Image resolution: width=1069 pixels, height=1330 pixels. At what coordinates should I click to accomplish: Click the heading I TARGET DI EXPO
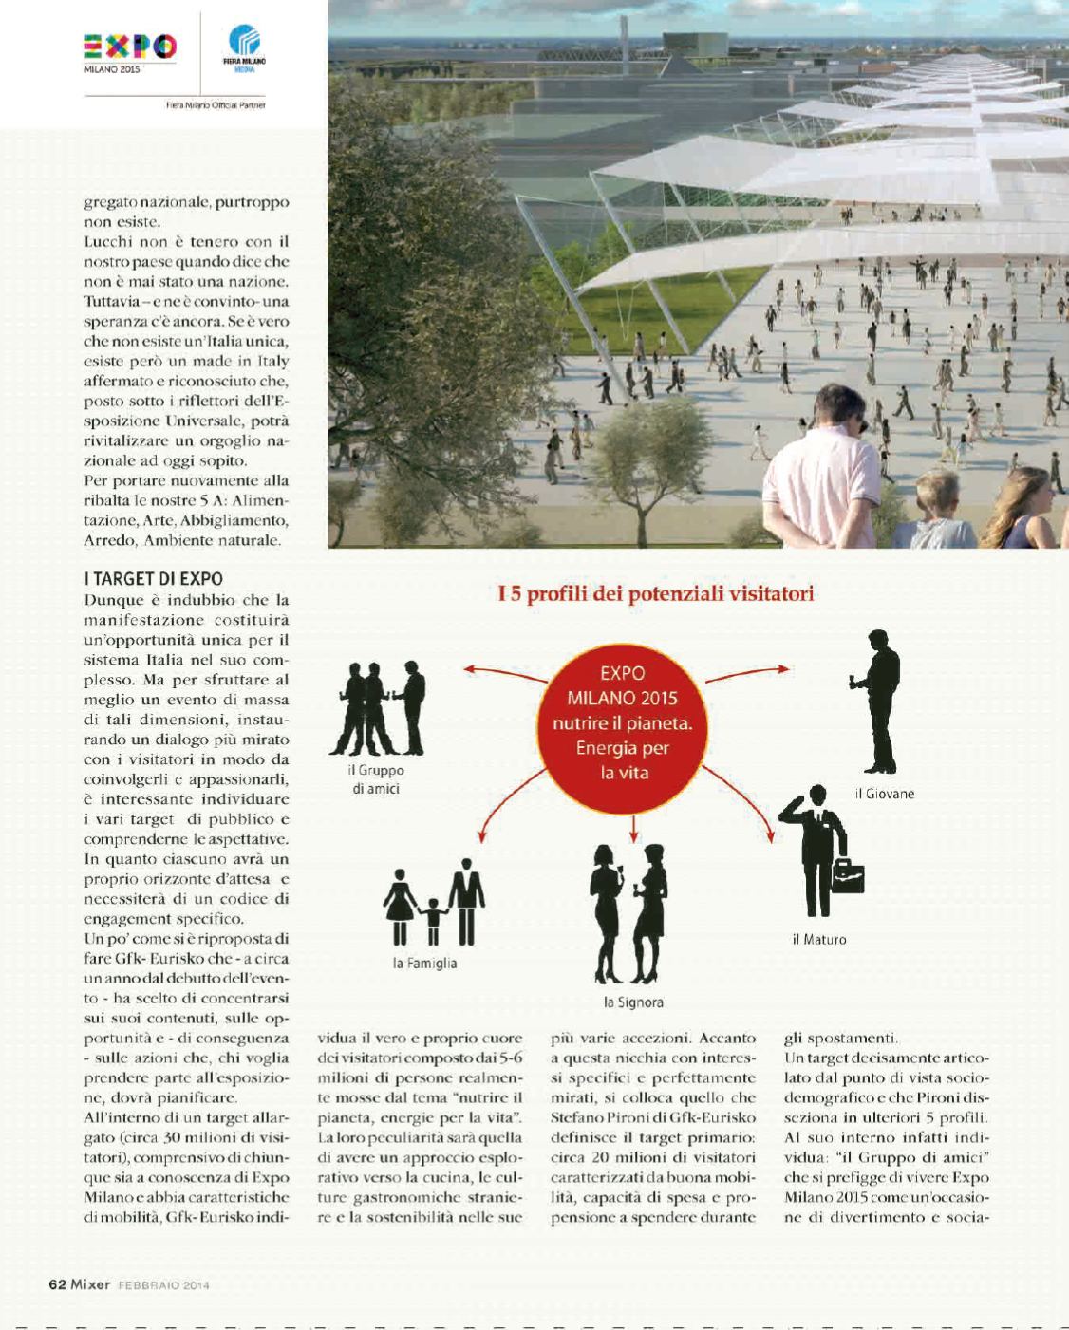pos(153,578)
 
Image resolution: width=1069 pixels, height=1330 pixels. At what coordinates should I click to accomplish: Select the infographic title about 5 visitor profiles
pos(656,594)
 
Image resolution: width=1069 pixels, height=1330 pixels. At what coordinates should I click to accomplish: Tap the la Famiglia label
pos(424,963)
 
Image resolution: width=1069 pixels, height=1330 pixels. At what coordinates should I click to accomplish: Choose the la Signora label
pos(633,1002)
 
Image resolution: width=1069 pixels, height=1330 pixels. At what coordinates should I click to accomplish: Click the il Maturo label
pos(818,940)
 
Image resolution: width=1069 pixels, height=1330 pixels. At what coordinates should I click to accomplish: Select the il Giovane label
pos(884,794)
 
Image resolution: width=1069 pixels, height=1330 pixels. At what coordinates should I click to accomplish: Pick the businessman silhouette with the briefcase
pos(818,851)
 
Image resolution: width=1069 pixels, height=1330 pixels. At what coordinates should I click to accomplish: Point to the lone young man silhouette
pos(878,702)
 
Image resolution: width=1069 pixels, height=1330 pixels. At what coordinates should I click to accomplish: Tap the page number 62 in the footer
pos(57,1284)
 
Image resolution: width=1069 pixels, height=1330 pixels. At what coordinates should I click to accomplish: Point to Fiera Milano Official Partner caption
pos(215,105)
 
